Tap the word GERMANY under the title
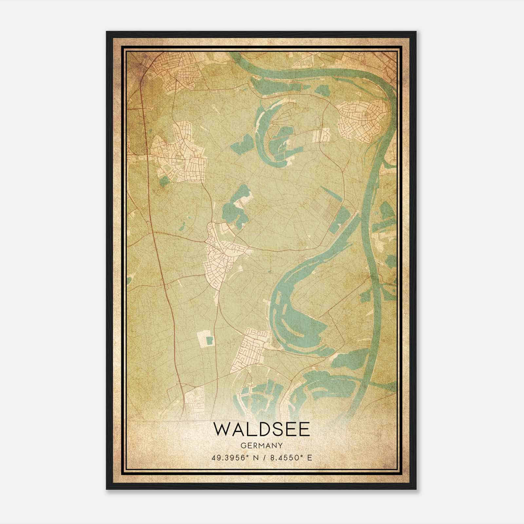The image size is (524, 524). point(262,445)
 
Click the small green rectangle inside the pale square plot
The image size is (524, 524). point(209,341)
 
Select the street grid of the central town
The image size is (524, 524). point(223,255)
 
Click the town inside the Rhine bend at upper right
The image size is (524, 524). point(364,121)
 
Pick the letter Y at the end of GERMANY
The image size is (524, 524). point(280,445)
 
